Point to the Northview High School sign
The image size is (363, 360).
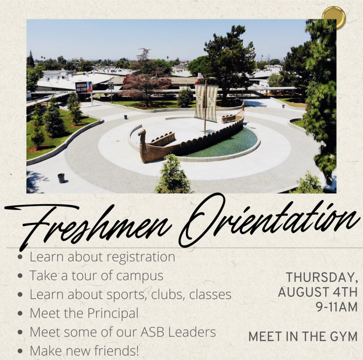click(84, 87)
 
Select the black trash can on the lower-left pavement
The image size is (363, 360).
click(61, 178)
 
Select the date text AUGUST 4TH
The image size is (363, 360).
click(318, 292)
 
